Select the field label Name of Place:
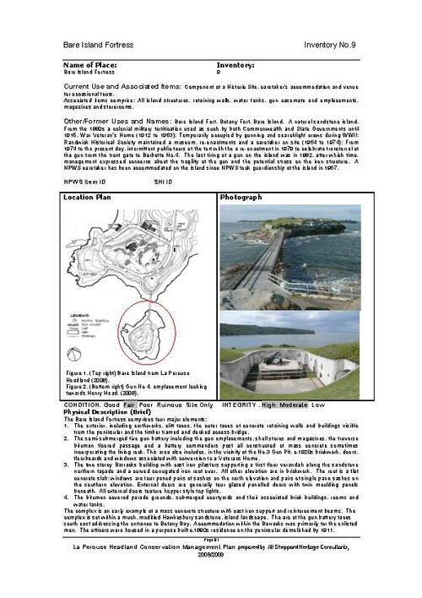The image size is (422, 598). (x=95, y=64)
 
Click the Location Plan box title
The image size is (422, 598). (x=88, y=197)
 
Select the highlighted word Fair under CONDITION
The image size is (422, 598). (x=129, y=404)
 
